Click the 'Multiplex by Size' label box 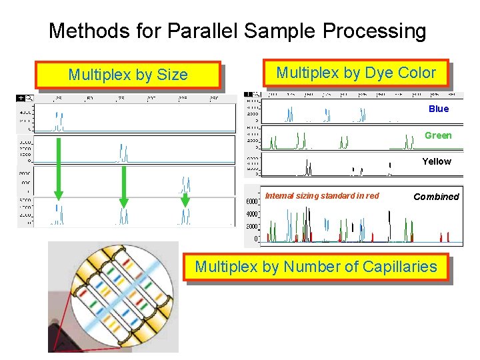tap(128, 75)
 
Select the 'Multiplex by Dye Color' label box tap(356, 73)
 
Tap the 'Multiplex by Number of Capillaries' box tap(316, 267)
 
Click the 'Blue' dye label tap(439, 109)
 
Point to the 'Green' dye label tap(438, 135)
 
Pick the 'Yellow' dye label tap(437, 161)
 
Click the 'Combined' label tap(436, 197)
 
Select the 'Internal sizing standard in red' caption tap(322, 195)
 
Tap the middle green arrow tap(123, 183)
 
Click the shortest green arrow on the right tap(185, 199)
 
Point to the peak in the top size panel tap(59, 121)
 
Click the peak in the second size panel tap(123, 153)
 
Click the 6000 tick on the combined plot tap(253, 201)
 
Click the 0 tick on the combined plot tap(257, 239)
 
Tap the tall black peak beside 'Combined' tap(389, 223)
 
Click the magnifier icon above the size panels tap(29, 98)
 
